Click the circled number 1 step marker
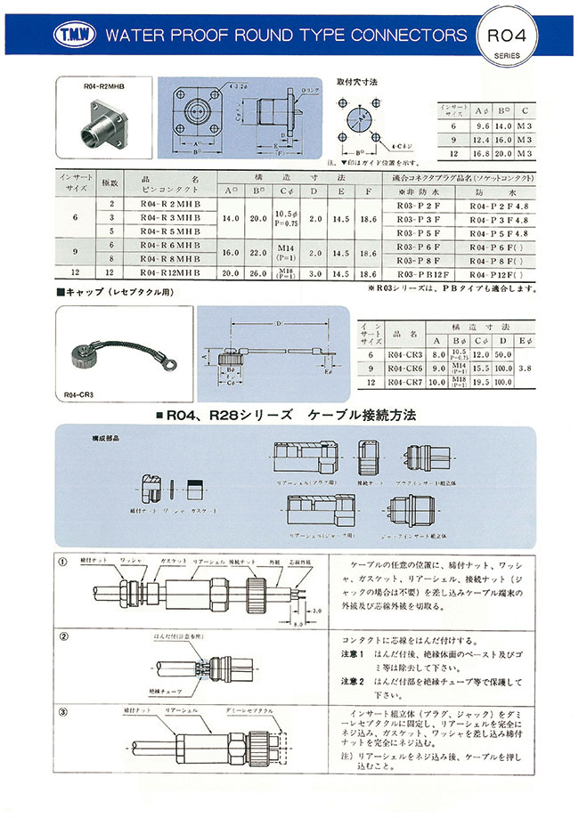[x=63, y=562]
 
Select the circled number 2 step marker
[x=63, y=637]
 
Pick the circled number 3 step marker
[x=63, y=712]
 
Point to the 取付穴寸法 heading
[x=358, y=82]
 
